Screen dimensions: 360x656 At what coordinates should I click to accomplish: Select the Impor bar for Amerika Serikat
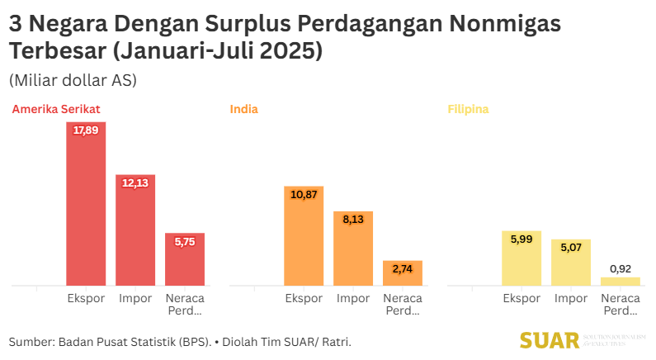pyautogui.click(x=135, y=230)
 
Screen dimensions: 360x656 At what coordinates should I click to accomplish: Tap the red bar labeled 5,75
pyautogui.click(x=185, y=259)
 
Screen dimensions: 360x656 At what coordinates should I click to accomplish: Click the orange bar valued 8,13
pyautogui.click(x=353, y=249)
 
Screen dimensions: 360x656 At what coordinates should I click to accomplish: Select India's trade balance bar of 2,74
pyautogui.click(x=403, y=273)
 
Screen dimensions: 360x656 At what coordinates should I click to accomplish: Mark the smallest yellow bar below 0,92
pyautogui.click(x=621, y=282)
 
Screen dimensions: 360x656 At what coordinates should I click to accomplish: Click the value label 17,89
pyautogui.click(x=86, y=130)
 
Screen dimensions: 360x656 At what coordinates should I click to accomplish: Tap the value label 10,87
pyautogui.click(x=304, y=194)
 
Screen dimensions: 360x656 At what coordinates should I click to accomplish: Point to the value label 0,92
pyautogui.click(x=621, y=268)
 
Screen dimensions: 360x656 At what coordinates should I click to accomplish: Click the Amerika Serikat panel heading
pyautogui.click(x=56, y=109)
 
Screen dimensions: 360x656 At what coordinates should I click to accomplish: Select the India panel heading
pyautogui.click(x=243, y=109)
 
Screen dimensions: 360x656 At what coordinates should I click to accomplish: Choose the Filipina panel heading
pyautogui.click(x=468, y=109)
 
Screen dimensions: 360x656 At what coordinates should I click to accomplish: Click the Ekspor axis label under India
pyautogui.click(x=304, y=298)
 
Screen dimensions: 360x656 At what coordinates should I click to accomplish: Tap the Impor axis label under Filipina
pyautogui.click(x=571, y=298)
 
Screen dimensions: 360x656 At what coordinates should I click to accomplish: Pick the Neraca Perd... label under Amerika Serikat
pyautogui.click(x=185, y=304)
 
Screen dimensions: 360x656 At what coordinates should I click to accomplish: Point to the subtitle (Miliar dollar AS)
pyautogui.click(x=73, y=81)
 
